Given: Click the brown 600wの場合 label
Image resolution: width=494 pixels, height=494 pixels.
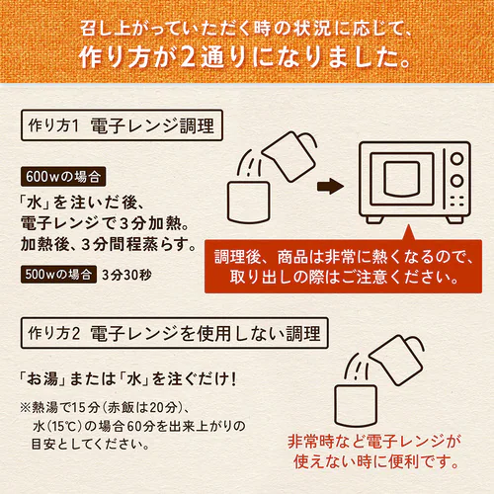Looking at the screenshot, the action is point(63,177).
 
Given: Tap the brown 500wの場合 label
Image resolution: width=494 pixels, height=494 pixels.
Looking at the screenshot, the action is point(58,275).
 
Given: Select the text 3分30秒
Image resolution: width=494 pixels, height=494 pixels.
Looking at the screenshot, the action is point(126,275).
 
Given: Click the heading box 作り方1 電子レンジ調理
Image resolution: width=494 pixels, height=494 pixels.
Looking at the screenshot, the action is point(122,125).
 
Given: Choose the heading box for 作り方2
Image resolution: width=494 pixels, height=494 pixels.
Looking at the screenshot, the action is point(175,333).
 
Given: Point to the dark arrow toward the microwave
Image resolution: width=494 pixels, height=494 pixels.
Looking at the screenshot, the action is point(330,187).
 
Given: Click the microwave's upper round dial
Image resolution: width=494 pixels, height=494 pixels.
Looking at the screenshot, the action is point(456,159).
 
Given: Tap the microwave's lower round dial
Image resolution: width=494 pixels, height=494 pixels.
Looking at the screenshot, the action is point(456,180).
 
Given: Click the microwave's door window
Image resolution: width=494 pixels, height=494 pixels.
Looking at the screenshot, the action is point(402,179).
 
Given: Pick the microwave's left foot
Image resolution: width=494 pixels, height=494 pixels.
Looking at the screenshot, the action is point(374,219).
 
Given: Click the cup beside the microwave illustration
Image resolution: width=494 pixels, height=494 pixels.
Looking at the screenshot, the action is point(249,202).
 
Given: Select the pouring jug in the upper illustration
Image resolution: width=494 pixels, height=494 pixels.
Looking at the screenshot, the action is point(289,155).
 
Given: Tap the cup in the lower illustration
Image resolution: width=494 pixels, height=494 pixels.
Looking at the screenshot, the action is point(356,405).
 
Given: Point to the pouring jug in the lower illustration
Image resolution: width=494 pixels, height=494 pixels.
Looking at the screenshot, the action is point(396,360).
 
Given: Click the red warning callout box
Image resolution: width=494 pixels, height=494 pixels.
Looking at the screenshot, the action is point(343,266).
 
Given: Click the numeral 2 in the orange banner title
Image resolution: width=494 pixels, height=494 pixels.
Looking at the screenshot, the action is point(188,56).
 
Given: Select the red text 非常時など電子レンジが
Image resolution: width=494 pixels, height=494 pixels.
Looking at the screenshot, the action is point(374,442).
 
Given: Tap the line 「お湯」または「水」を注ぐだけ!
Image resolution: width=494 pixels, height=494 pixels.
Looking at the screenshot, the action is point(127,378).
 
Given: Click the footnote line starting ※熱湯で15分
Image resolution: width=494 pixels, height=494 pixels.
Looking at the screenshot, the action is point(105,408).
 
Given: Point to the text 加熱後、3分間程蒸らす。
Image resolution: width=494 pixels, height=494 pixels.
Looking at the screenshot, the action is point(109,244).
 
